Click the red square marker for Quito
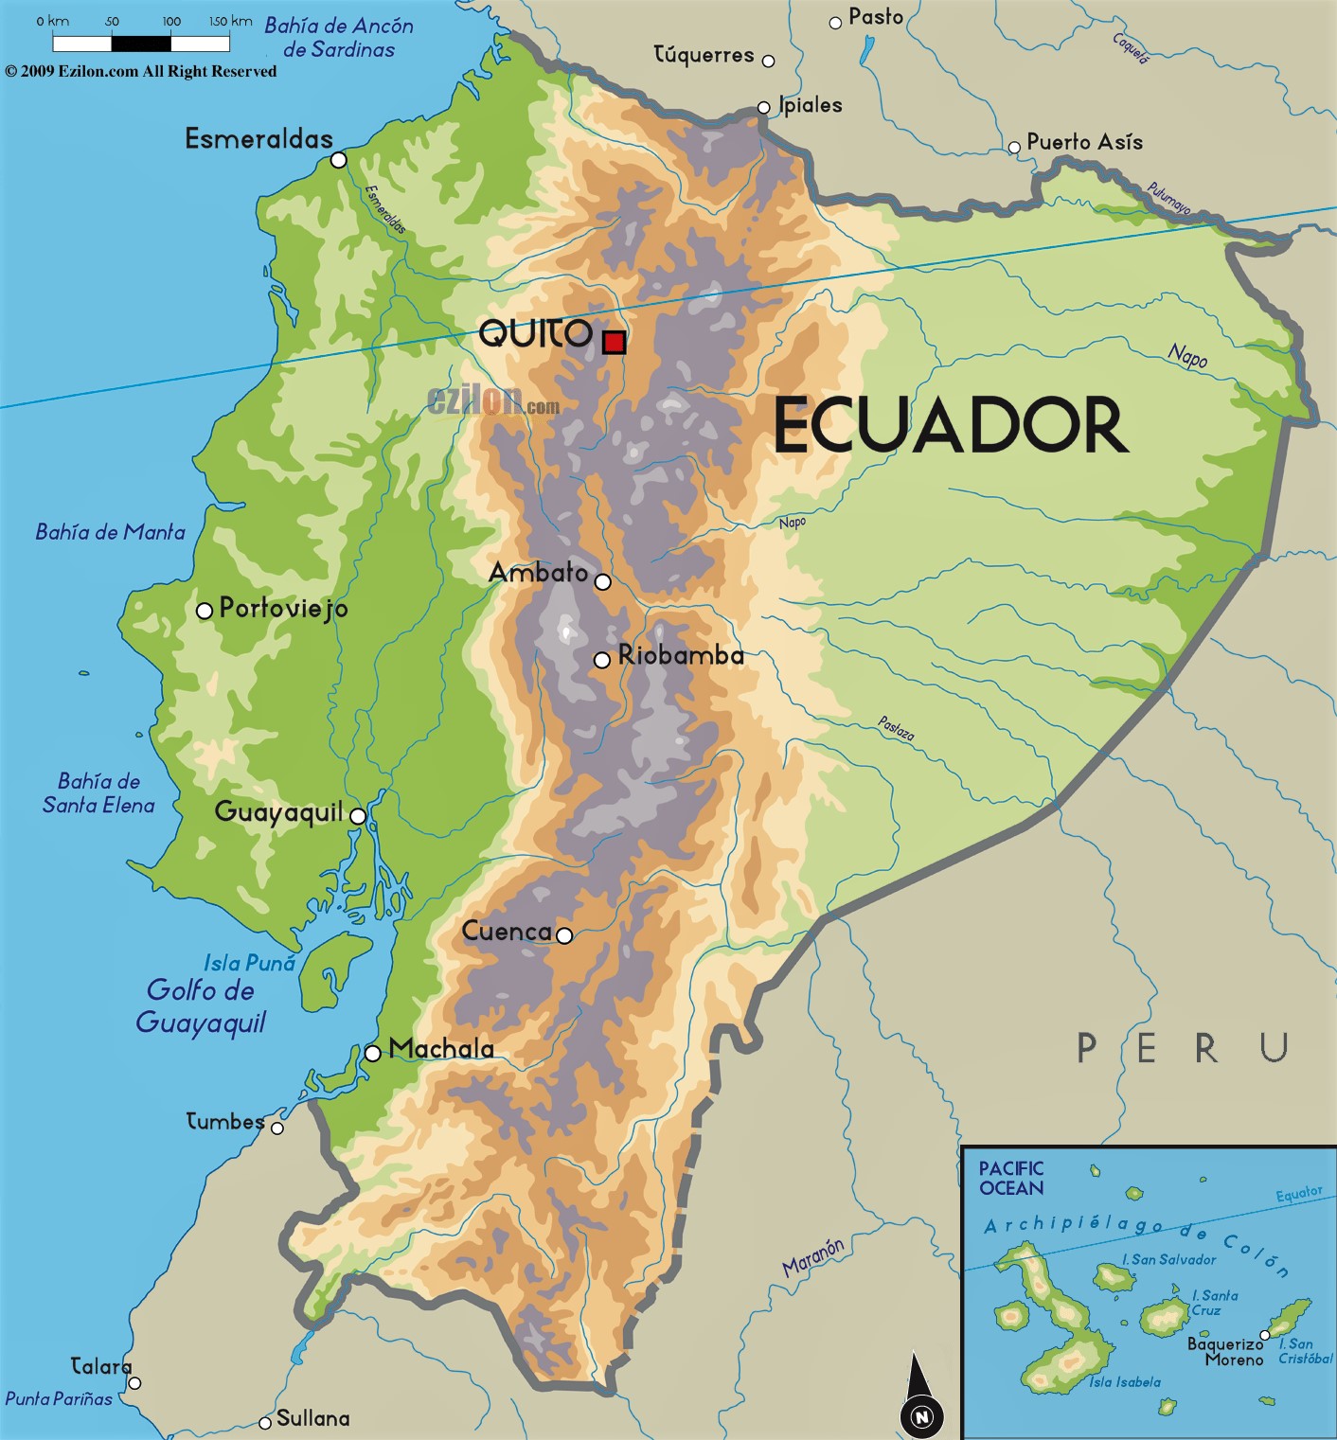(614, 342)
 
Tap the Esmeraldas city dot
(338, 160)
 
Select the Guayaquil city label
(278, 812)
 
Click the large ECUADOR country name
(951, 426)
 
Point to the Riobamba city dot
(601, 660)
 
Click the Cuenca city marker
(564, 935)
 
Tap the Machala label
(441, 1049)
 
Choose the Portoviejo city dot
(204, 611)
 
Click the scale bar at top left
(141, 43)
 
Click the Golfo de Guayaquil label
(201, 1006)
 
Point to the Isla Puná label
(250, 963)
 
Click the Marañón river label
(812, 1257)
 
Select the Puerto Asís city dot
(1014, 147)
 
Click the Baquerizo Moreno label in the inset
(1226, 1351)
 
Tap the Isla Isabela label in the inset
(1124, 1382)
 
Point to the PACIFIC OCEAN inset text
(1011, 1179)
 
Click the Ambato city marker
(603, 581)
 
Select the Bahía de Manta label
(110, 532)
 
